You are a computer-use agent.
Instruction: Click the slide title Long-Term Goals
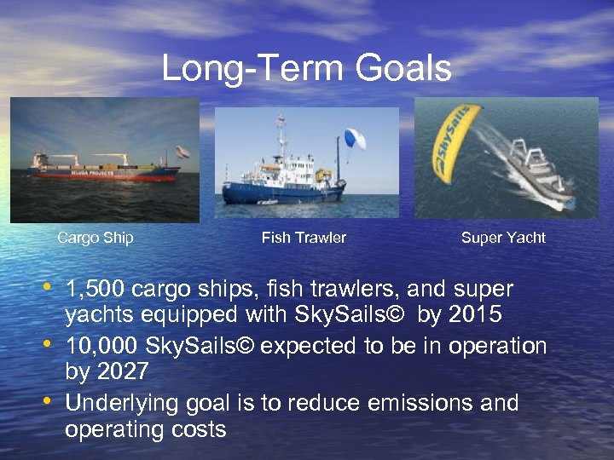point(306,68)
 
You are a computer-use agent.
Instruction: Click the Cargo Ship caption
point(95,238)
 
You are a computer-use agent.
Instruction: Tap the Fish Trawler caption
point(304,238)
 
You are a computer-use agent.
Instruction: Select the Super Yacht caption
point(503,238)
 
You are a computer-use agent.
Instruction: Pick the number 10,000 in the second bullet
point(101,346)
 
